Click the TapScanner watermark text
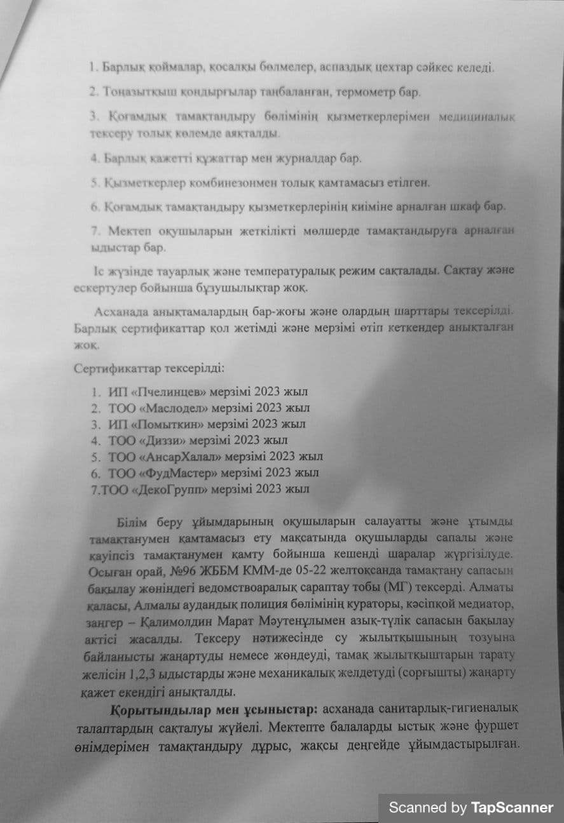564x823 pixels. (x=471, y=808)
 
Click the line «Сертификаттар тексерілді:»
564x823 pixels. (x=149, y=368)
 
